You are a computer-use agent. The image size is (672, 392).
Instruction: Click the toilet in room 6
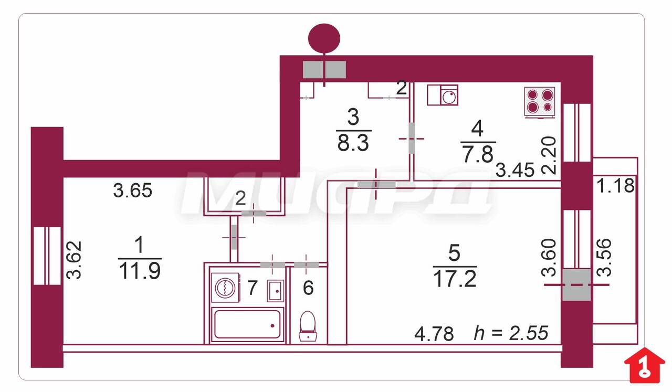coord(308,326)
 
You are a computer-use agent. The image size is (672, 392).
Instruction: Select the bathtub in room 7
coord(247,324)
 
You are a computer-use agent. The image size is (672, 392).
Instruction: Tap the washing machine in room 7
coord(225,288)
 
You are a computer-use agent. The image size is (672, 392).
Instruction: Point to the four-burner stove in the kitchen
coord(539,102)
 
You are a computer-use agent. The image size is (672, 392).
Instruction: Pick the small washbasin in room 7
coord(275,291)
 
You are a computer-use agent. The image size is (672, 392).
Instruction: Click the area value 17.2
coord(455,279)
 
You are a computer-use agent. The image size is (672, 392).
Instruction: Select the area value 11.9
coord(140,271)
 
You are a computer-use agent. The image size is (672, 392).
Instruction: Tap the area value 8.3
coord(353,143)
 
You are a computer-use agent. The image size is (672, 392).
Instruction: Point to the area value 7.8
coord(478,154)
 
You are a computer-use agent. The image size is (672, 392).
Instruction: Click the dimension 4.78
coord(434,334)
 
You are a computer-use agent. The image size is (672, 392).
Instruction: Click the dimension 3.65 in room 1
coord(133,190)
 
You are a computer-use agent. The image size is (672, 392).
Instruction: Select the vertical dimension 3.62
coord(74,260)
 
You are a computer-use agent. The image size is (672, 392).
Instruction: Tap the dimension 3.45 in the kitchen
coord(515,169)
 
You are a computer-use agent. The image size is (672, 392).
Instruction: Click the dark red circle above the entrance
coord(324,38)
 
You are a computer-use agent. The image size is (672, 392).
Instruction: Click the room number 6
coord(308,288)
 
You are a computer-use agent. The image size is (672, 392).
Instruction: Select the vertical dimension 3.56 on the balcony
coord(604,257)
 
